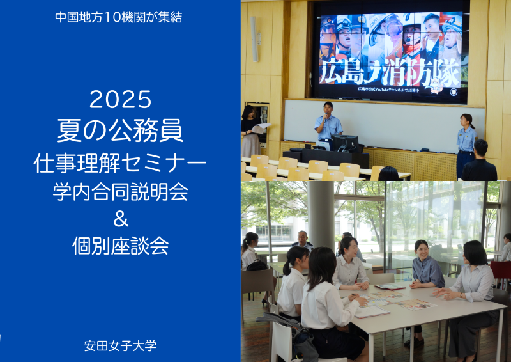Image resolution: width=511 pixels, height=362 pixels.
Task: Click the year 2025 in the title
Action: click(120, 100)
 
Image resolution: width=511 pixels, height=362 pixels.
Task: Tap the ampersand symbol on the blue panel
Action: click(121, 219)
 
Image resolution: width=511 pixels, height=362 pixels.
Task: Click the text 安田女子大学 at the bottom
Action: click(120, 345)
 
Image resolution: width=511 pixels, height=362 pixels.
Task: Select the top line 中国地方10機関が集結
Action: click(119, 17)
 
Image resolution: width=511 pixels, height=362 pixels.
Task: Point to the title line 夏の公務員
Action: click(120, 130)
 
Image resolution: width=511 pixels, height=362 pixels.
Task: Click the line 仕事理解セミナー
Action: click(120, 163)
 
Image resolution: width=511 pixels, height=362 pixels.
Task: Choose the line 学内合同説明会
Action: click(120, 192)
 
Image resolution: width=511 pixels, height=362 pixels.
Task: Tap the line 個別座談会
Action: click(120, 246)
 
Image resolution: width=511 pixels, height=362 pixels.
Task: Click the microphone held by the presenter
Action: click(326, 116)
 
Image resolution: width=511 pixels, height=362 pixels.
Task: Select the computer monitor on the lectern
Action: click(345, 143)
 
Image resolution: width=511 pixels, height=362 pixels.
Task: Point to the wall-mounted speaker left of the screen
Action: click(254, 39)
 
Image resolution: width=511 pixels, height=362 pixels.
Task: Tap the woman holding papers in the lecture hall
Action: click(250, 131)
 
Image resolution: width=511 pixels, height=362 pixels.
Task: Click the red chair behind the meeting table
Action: click(500, 271)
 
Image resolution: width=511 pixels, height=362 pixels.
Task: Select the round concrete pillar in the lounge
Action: click(321, 216)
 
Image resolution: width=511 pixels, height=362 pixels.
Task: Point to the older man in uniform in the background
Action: click(302, 240)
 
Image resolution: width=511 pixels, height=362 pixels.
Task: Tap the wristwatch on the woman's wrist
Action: click(461, 295)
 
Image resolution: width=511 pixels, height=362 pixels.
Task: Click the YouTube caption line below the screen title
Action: click(388, 90)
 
